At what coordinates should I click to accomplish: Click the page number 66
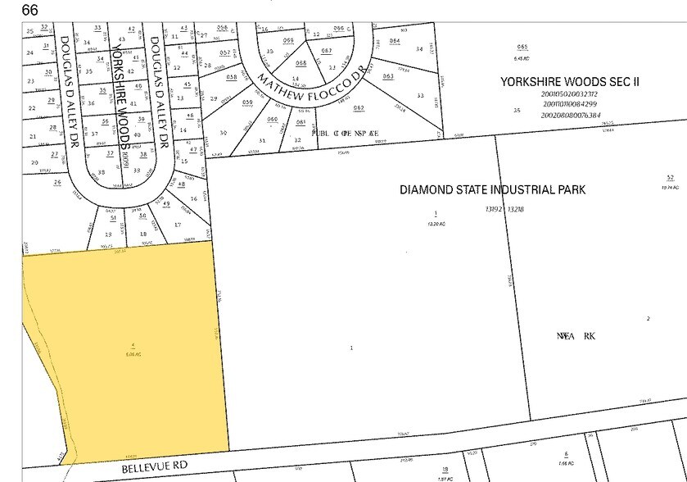[x=29, y=10]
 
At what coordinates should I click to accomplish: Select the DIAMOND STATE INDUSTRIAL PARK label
[x=492, y=189]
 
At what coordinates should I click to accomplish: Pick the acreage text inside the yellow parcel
[x=133, y=354]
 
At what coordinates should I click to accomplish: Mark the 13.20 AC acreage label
[x=435, y=223]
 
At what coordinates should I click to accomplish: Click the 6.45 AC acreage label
[x=522, y=58]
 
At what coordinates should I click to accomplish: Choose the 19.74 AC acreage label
[x=670, y=187]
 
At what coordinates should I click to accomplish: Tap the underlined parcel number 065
[x=522, y=48]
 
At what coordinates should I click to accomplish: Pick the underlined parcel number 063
[x=388, y=76]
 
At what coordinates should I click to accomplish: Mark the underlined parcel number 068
[x=301, y=63]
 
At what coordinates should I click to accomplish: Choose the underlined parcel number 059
[x=247, y=102]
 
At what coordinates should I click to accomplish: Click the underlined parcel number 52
[x=670, y=178]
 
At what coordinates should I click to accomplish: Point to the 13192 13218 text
[x=504, y=209]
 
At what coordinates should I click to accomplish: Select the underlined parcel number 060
[x=273, y=120]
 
